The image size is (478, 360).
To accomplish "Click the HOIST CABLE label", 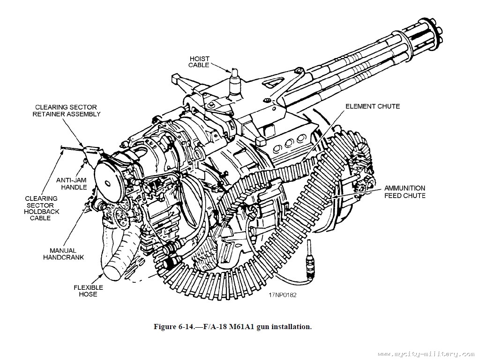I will pos(199,62).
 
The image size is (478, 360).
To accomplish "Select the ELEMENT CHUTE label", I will pos(373,106).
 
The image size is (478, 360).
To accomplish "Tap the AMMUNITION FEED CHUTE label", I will pos(405,192).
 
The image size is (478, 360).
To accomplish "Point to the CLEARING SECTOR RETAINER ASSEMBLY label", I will pos(67,110).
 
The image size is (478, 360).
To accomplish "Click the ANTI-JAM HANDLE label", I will pos(72,183).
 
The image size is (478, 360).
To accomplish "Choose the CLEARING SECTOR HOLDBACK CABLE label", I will pos(41,208).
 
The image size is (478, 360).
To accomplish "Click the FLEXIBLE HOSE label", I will pos(88,291).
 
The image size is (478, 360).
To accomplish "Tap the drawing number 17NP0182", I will pos(283,295).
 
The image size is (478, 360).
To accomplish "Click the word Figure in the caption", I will pos(165,327).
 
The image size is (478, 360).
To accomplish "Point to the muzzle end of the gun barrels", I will pos(434,30).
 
